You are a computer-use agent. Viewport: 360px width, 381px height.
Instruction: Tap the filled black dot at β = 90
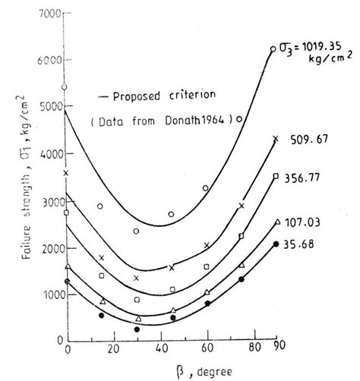click(x=275, y=244)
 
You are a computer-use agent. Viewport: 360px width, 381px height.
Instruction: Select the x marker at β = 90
click(x=276, y=139)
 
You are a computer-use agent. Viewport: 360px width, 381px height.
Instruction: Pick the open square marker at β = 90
click(x=276, y=177)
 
